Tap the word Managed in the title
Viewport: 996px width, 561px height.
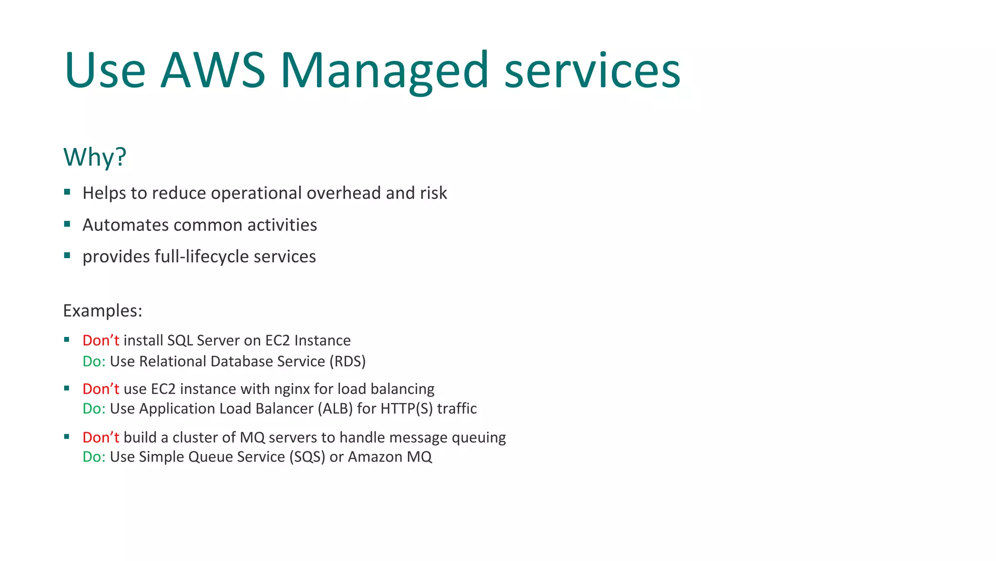[384, 71]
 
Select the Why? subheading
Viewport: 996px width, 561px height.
[95, 157]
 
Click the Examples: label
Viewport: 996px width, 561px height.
[103, 311]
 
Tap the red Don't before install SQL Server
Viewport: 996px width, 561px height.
[101, 340]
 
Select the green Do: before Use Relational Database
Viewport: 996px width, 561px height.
[94, 361]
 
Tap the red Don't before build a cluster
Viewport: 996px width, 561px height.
[101, 437]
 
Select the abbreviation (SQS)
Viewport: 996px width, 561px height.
[307, 457]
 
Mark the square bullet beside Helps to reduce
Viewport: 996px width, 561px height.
[67, 192]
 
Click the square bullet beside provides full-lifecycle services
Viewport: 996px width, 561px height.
[67, 255]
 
